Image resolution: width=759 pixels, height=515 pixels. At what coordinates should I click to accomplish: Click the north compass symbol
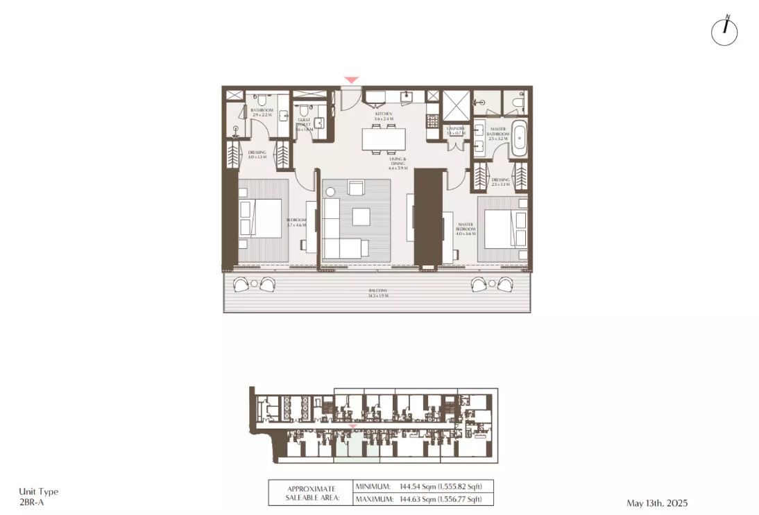tap(724, 31)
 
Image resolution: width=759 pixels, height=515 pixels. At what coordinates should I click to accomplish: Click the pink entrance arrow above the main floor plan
tap(352, 80)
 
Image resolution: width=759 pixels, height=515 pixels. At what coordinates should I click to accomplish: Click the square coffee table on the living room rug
tap(361, 217)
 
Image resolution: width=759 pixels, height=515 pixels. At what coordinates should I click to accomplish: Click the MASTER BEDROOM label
tap(465, 229)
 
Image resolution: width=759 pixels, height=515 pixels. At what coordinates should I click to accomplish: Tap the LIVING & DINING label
tap(398, 164)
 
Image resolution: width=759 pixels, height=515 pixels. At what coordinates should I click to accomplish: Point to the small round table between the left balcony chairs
tap(254, 283)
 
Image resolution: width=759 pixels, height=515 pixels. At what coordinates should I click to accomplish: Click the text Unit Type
tap(38, 491)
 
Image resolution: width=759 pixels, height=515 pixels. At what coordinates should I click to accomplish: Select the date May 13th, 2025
tap(656, 503)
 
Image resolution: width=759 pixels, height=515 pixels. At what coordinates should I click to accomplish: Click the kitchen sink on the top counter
tap(409, 96)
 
